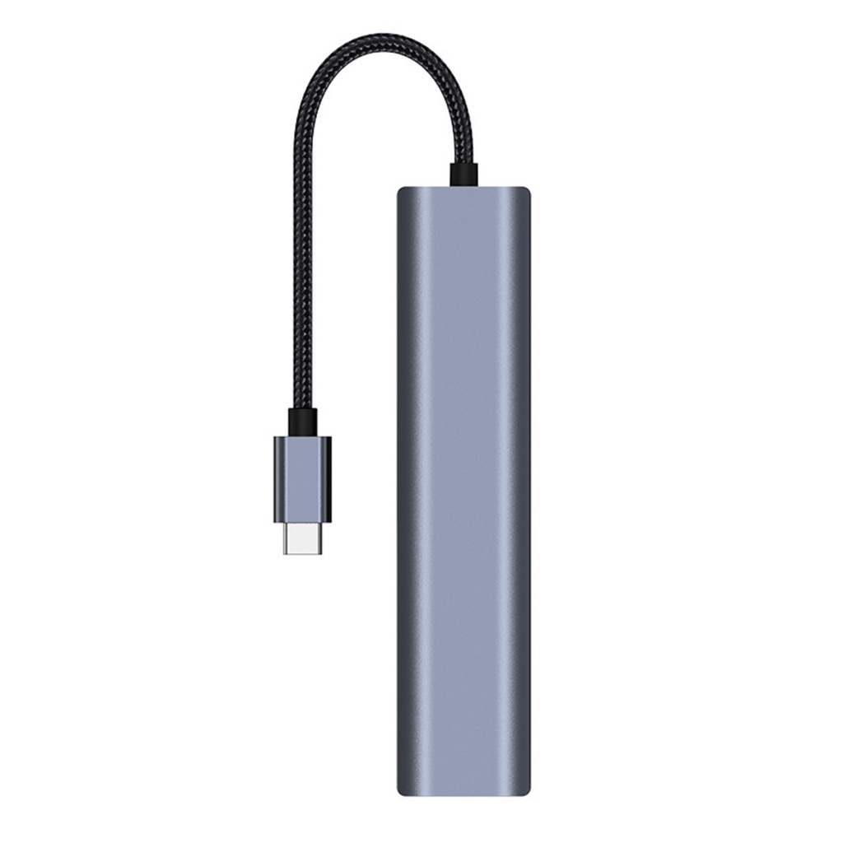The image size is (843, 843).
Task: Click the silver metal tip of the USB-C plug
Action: coord(302,538)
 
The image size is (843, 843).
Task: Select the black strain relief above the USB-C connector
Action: coord(302,421)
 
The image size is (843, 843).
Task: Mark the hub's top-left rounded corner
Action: coord(403,192)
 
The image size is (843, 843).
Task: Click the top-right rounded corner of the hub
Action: coord(524,192)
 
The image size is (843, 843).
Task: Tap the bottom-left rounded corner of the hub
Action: coord(403,789)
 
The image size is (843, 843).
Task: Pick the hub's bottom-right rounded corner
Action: coord(524,789)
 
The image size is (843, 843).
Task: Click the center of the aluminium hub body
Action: coord(463,491)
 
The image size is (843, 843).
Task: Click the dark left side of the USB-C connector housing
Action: coord(278,479)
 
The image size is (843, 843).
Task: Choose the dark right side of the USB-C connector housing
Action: coord(327,479)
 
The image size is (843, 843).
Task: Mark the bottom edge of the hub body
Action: coord(463,794)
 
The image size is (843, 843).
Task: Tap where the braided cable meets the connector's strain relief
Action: coord(302,409)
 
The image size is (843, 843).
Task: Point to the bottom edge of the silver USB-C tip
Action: coord(302,552)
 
